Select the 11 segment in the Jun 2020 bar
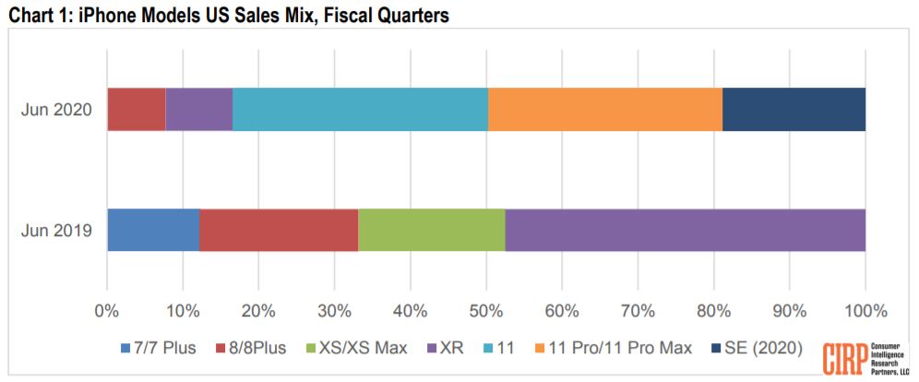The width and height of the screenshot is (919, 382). (360, 110)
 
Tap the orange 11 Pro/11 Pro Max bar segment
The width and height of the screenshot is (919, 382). (604, 110)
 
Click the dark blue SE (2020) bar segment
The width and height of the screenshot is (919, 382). (794, 110)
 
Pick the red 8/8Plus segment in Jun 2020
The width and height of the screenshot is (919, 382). (137, 110)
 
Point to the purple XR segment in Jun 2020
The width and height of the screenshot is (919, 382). (198, 110)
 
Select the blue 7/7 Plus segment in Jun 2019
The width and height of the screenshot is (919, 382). (153, 230)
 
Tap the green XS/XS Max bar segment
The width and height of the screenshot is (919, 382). (432, 230)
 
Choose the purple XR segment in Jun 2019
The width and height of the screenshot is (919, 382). (686, 230)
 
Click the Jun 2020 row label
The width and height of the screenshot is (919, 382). (57, 110)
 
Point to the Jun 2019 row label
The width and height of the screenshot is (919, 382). (57, 230)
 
